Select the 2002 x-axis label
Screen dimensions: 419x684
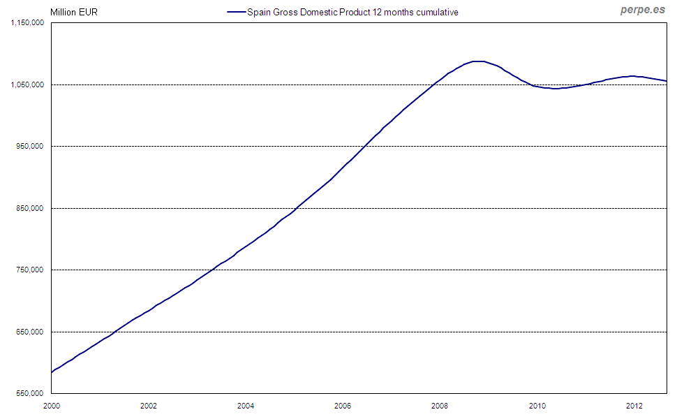tap(148, 405)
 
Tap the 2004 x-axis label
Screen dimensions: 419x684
tap(245, 405)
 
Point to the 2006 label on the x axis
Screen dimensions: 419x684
tap(342, 405)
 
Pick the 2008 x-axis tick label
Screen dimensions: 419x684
tap(439, 405)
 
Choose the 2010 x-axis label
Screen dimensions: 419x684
tap(537, 405)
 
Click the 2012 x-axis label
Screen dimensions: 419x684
tap(634, 405)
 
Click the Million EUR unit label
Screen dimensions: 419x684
tap(68, 12)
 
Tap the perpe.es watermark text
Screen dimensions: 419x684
tap(642, 10)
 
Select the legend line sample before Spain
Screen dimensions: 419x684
tap(237, 12)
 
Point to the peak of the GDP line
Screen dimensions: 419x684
tap(479, 61)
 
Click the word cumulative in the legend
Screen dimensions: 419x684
tap(437, 12)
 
